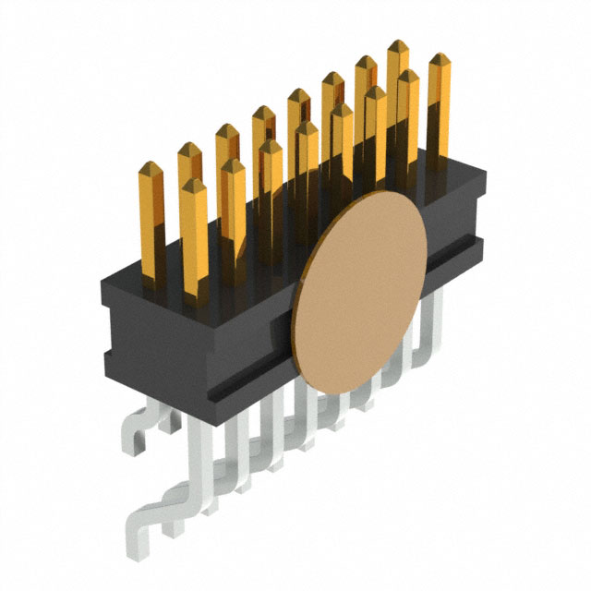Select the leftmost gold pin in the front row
pyautogui.click(x=195, y=235)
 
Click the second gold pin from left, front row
pyautogui.click(x=233, y=208)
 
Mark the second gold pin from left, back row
pyautogui.click(x=189, y=185)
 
